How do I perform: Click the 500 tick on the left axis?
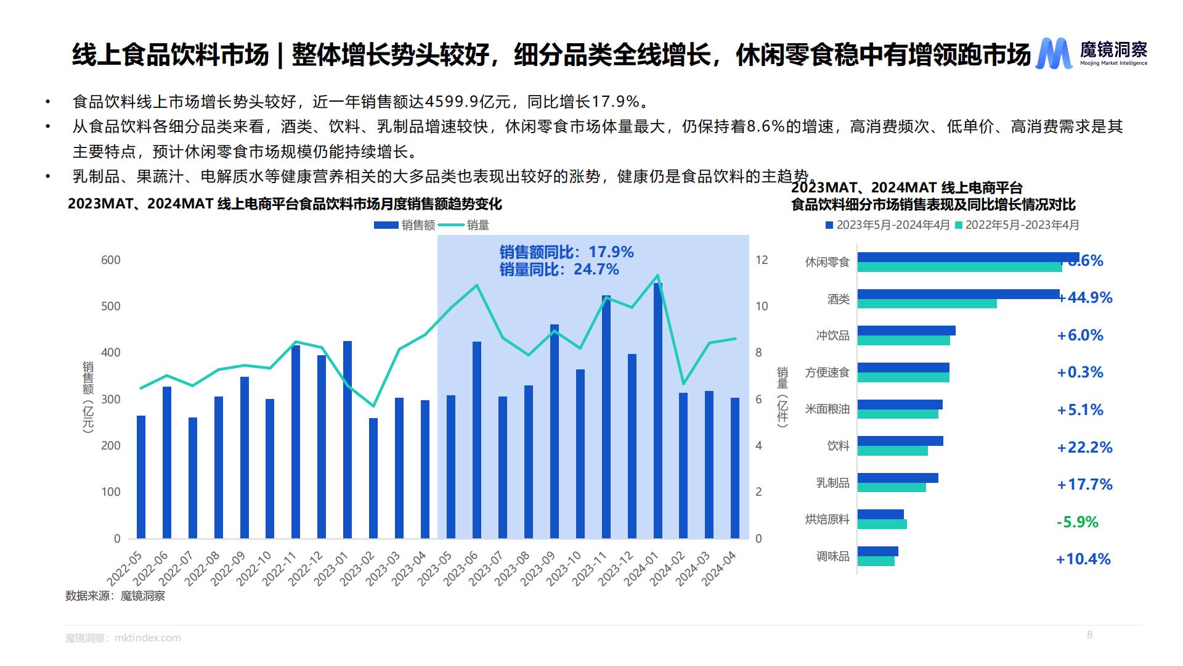pos(111,306)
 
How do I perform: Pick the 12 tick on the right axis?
pos(762,260)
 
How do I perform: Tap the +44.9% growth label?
pos(1085,298)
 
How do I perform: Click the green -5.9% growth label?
pos(1077,522)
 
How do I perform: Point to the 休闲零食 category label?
pos(827,262)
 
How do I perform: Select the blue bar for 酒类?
pos(958,294)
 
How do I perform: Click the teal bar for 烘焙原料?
pos(882,524)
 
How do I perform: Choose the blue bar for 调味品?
pos(877,551)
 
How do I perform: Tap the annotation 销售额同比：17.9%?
pos(566,252)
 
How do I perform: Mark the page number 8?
pos(1089,635)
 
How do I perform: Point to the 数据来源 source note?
pos(115,596)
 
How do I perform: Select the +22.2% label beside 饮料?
pos(1084,448)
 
